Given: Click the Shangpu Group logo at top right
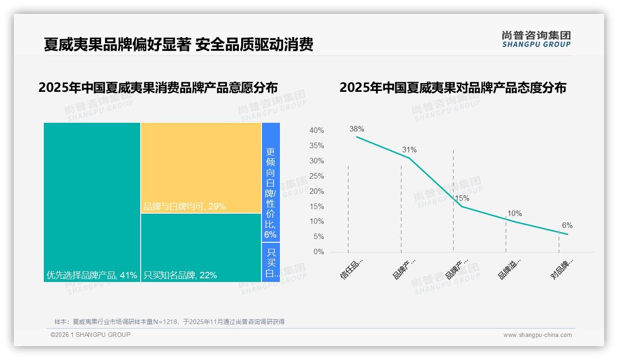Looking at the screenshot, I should click(x=536, y=39).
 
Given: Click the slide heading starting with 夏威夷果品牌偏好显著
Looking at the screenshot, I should click(x=178, y=44).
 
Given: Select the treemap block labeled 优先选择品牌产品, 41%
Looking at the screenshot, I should click(x=92, y=202).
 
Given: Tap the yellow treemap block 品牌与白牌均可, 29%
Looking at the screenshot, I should click(x=201, y=168).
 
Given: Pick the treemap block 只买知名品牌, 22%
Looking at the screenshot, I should click(x=201, y=247).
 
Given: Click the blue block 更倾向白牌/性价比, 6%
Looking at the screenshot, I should click(x=271, y=182).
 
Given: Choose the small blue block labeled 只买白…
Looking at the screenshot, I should click(x=271, y=262).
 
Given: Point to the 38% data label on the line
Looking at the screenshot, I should click(x=357, y=129).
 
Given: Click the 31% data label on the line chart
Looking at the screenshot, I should click(x=409, y=150).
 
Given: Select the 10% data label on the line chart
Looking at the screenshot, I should click(x=514, y=214).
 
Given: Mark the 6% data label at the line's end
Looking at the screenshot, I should click(x=567, y=226).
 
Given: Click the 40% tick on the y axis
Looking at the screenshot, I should click(x=316, y=131).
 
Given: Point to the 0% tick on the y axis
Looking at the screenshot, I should click(x=319, y=252).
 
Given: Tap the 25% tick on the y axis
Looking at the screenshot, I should click(x=316, y=176).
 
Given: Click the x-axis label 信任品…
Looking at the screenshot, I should click(x=352, y=269).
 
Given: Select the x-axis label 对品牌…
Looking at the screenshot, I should click(x=563, y=269).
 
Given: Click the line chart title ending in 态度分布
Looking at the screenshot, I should click(x=452, y=88).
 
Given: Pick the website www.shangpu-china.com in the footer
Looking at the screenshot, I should click(x=537, y=335).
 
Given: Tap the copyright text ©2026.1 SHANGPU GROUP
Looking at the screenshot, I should click(x=90, y=335).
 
